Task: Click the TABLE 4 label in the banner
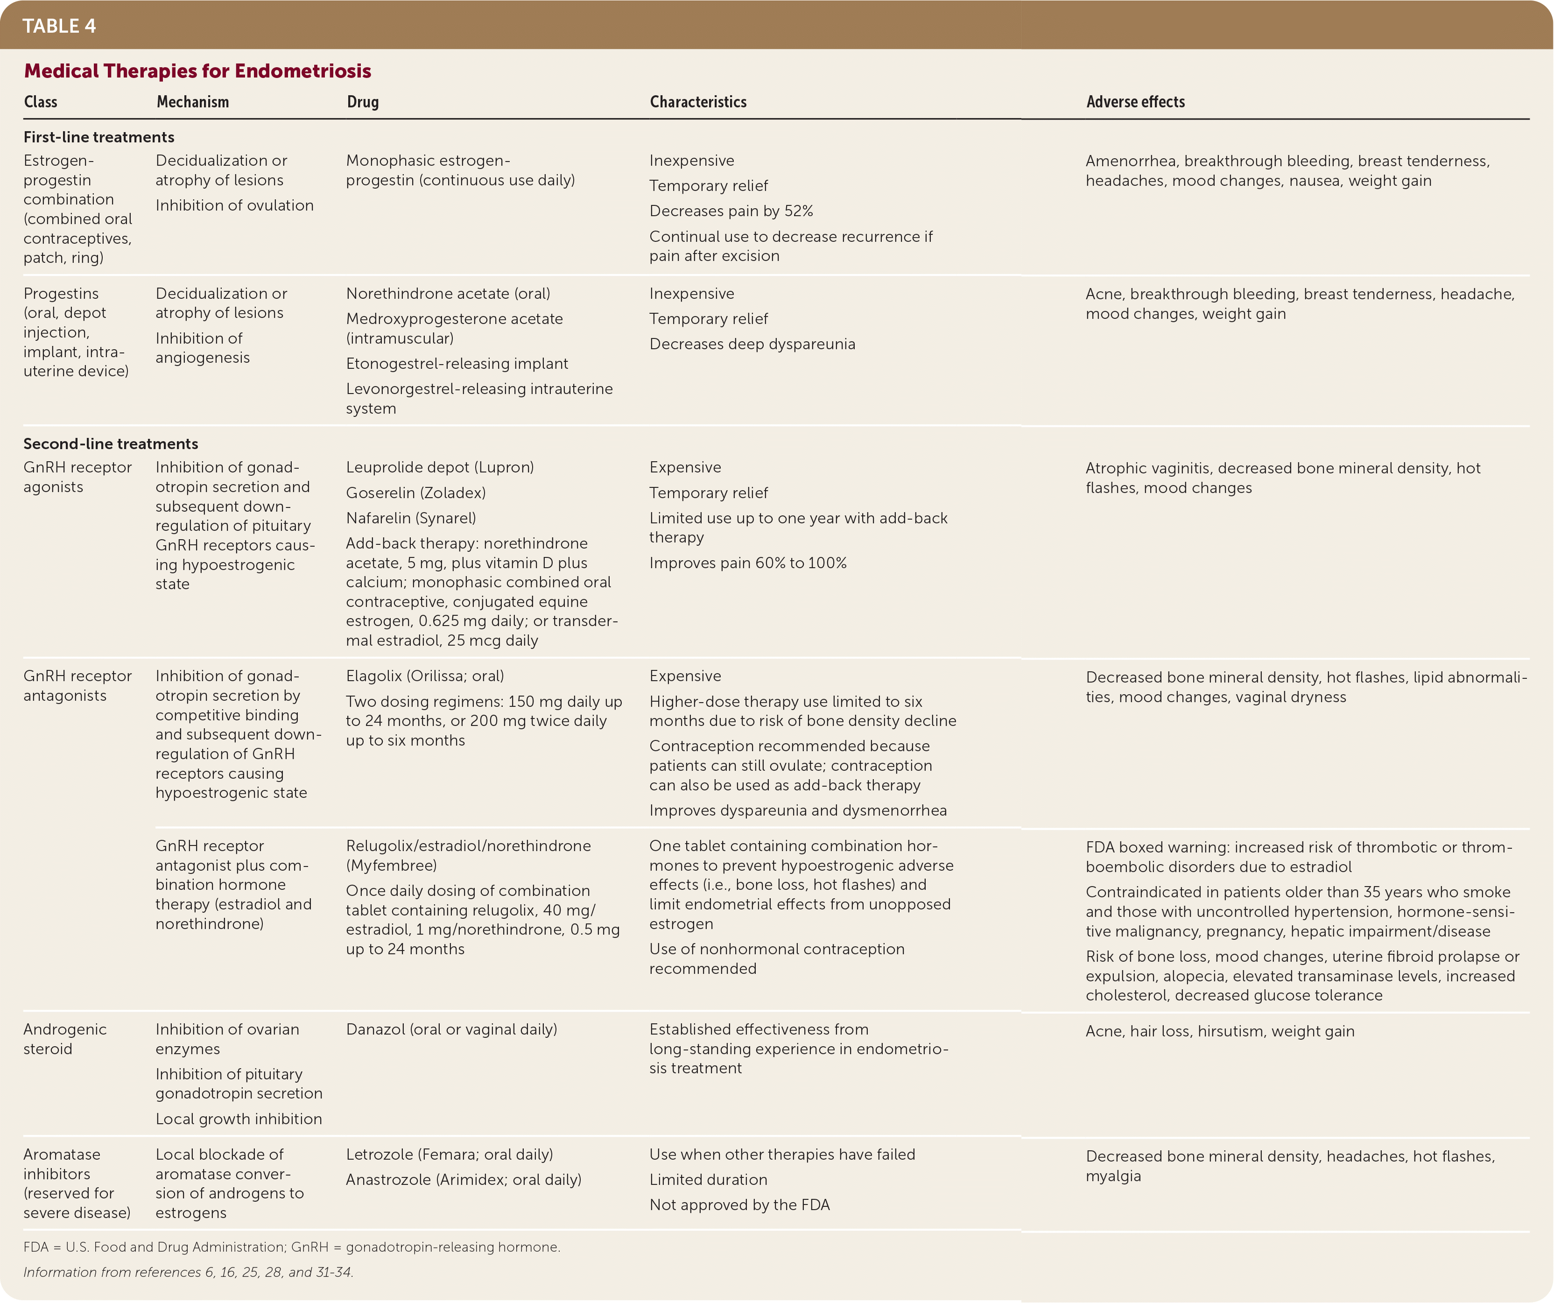point(59,26)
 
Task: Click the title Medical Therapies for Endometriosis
point(197,71)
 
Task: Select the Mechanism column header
point(192,102)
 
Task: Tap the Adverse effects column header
point(1135,102)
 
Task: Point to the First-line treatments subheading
point(99,137)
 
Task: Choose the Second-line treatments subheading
point(111,444)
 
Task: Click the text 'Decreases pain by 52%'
point(731,211)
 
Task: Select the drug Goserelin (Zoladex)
point(416,493)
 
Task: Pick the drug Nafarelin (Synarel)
point(411,518)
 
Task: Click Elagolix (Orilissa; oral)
point(425,676)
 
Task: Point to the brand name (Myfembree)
point(392,866)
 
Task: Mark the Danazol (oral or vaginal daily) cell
point(451,1029)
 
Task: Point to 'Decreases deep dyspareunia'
point(752,344)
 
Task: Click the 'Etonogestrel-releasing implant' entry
point(457,363)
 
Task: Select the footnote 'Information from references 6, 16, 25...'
point(189,1272)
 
